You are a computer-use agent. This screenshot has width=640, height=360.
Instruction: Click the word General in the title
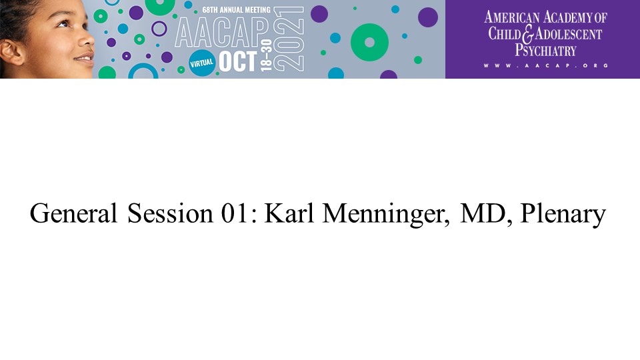coord(73,213)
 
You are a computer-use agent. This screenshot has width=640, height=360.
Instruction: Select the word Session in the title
coord(170,213)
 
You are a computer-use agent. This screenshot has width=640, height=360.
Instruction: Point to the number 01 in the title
coord(234,213)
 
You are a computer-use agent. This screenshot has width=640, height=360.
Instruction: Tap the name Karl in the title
coord(289,213)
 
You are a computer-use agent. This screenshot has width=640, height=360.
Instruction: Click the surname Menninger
coord(386,214)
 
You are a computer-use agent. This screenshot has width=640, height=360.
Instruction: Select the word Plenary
coord(563,214)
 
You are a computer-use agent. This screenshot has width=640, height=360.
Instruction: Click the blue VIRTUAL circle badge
coord(202,63)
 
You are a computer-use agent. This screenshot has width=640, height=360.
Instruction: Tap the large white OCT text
coord(238,61)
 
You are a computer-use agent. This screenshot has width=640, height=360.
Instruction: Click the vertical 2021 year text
coord(289,39)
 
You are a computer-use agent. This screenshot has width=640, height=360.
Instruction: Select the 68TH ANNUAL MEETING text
coord(236,10)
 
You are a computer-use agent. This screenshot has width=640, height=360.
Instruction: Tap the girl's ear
coord(11,52)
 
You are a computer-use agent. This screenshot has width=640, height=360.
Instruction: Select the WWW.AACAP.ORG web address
coord(546,65)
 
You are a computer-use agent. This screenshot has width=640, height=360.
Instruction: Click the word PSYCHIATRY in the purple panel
coord(545,50)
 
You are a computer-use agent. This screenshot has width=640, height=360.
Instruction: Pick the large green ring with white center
coord(369,43)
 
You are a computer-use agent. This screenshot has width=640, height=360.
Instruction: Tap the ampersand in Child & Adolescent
coord(528,34)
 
